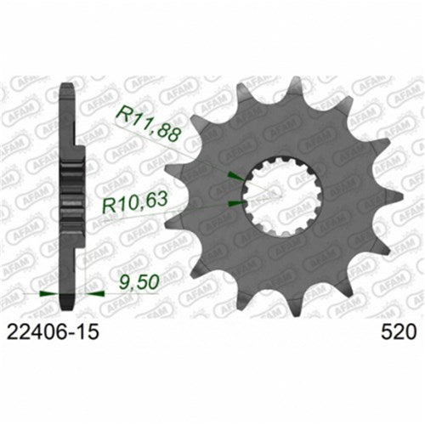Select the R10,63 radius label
[134, 205]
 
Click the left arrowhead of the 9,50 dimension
[51, 293]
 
